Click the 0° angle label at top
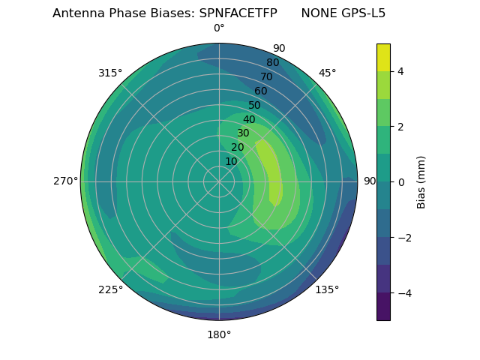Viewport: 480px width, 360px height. (219, 28)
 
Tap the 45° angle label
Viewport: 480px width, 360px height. (327, 73)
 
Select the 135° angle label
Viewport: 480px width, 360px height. (327, 289)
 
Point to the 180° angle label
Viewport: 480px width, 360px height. (219, 334)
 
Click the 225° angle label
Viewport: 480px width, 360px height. (110, 289)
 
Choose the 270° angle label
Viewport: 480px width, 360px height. (65, 181)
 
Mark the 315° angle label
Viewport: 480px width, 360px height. (110, 73)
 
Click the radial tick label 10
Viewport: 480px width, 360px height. (231, 161)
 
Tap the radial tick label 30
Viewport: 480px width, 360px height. (243, 133)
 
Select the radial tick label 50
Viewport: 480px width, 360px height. (255, 105)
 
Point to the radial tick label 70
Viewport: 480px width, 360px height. (267, 76)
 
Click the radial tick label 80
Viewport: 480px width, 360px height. (273, 62)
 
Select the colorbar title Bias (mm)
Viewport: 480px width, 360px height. (421, 182)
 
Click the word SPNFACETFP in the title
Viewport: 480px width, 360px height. (238, 13)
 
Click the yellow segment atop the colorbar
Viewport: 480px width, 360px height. (383, 57)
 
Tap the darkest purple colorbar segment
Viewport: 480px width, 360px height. (383, 307)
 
